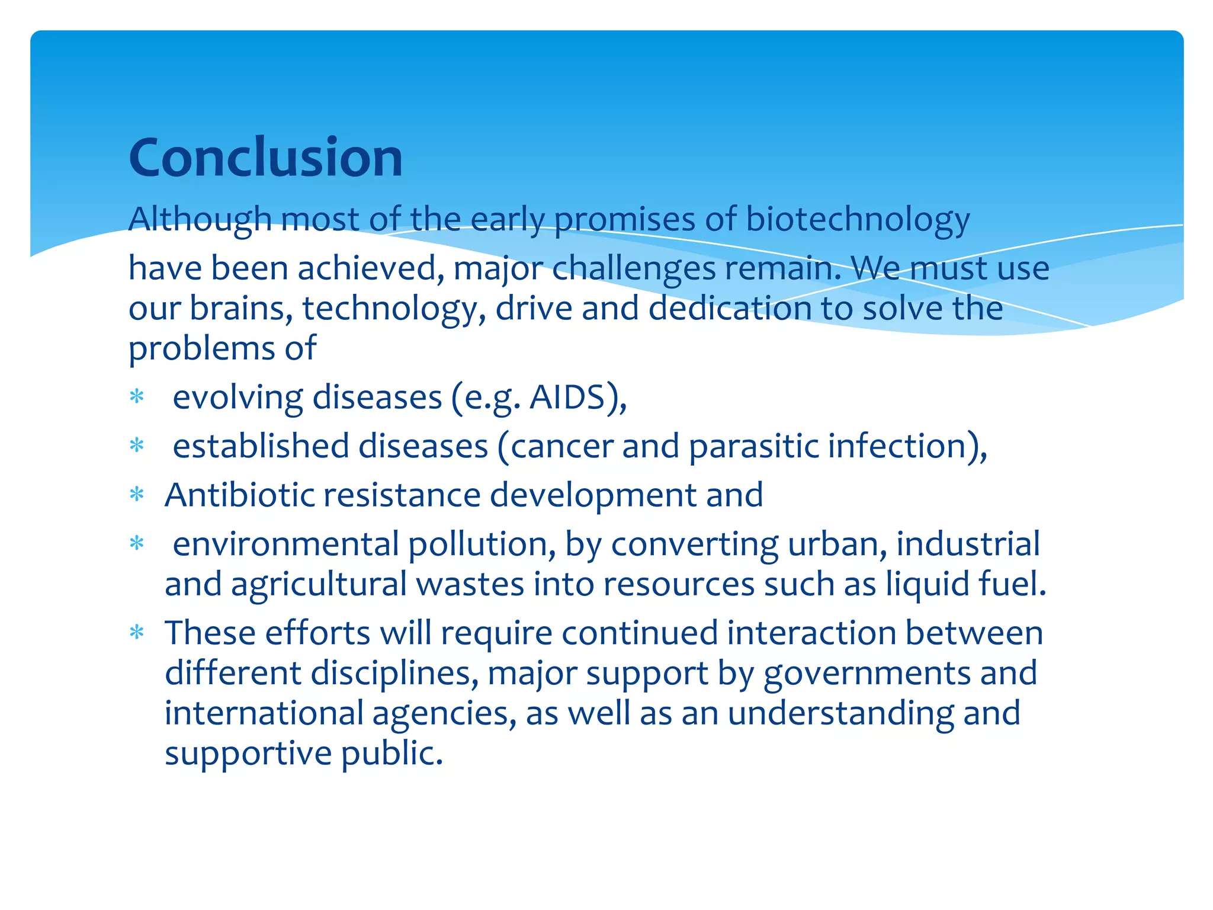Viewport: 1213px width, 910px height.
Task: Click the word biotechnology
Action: [x=857, y=219]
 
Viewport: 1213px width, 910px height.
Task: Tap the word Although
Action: [x=200, y=219]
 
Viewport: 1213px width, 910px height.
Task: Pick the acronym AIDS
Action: [x=567, y=397]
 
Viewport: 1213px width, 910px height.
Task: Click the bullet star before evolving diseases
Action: [x=137, y=397]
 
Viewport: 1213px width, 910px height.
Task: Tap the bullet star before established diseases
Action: [x=137, y=446]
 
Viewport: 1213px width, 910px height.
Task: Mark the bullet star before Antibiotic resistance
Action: [x=137, y=495]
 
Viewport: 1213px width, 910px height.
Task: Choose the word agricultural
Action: [x=318, y=584]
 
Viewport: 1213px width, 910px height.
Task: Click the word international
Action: [x=264, y=713]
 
